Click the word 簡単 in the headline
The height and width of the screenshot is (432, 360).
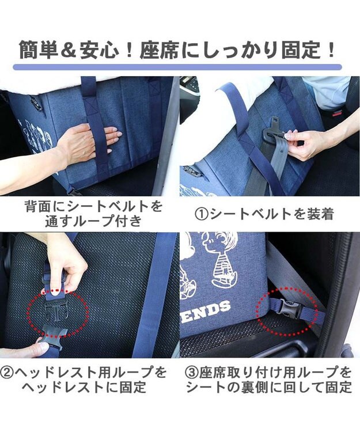[38, 50]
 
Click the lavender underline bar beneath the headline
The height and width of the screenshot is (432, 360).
[177, 67]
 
